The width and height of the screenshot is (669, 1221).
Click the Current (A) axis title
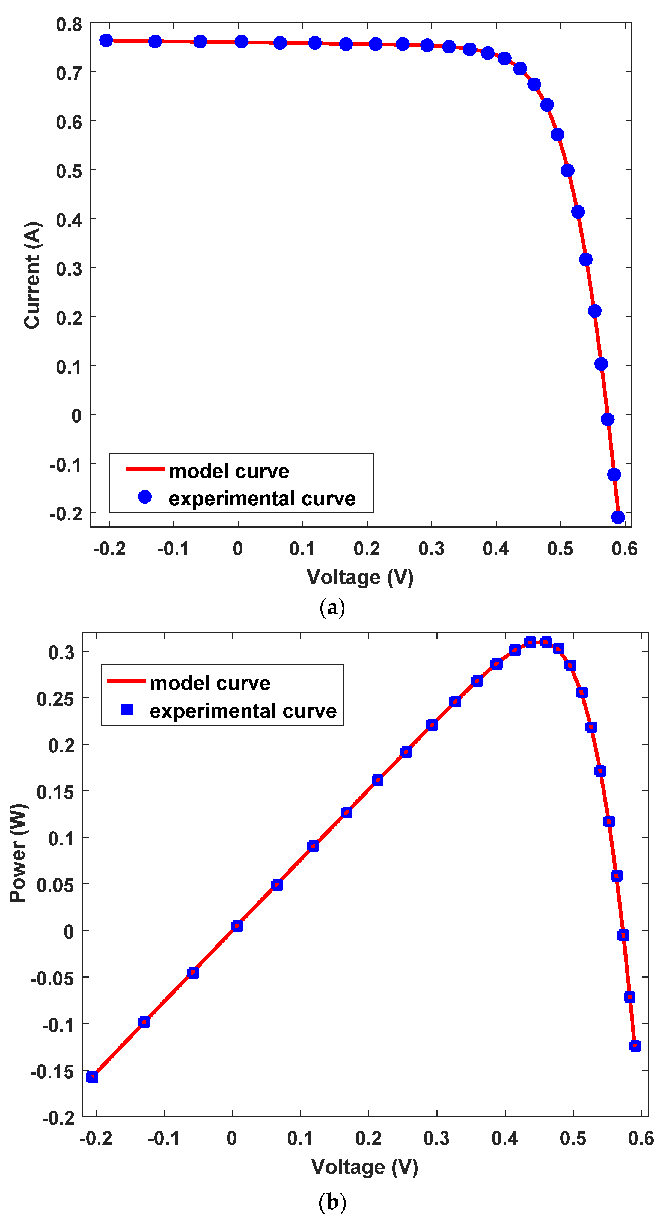pyautogui.click(x=32, y=275)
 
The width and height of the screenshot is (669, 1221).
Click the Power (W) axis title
pyautogui.click(x=18, y=853)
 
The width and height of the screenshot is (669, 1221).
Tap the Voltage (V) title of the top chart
pyautogui.click(x=360, y=577)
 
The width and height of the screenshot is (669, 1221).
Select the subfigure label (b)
pyautogui.click(x=332, y=1202)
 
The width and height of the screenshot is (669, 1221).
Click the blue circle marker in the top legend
pyautogui.click(x=145, y=497)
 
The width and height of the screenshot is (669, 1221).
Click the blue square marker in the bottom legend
pyautogui.click(x=127, y=710)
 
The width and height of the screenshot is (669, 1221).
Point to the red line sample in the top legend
pyautogui.click(x=145, y=469)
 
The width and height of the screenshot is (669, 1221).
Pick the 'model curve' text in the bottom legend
pyautogui.click(x=210, y=683)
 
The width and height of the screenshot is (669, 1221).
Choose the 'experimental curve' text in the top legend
pyautogui.click(x=262, y=499)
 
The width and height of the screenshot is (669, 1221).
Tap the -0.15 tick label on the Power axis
pyautogui.click(x=52, y=1072)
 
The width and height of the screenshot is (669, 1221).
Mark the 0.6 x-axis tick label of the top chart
pyautogui.click(x=625, y=549)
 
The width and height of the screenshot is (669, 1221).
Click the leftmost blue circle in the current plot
pyautogui.click(x=106, y=40)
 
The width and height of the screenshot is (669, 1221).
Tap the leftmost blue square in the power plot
pyautogui.click(x=93, y=1077)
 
